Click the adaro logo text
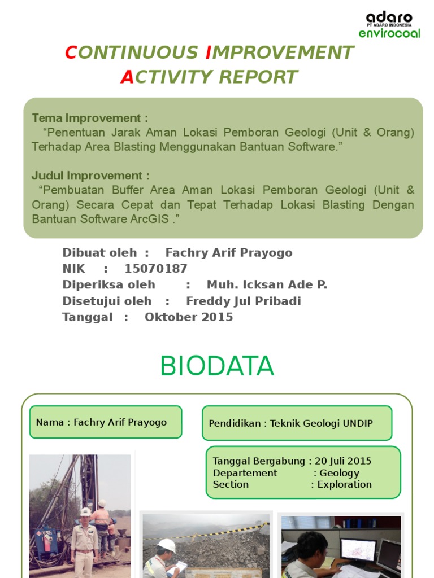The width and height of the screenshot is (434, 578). [x=389, y=17]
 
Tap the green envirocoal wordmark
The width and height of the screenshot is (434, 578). [x=389, y=33]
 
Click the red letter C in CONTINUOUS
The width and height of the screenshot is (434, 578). [x=71, y=52]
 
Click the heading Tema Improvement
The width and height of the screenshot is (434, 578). [x=90, y=118]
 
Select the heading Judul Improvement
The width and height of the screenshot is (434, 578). [x=90, y=176]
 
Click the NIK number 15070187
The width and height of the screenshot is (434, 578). [x=156, y=269]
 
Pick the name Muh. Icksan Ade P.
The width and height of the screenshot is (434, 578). [x=267, y=285]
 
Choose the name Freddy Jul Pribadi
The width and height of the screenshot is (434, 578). [x=244, y=301]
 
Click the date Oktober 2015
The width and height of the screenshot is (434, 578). [x=189, y=317]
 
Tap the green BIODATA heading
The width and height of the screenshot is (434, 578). [x=216, y=367]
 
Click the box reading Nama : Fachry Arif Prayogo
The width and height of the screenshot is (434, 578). [x=106, y=422]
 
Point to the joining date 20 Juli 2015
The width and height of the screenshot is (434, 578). [x=343, y=462]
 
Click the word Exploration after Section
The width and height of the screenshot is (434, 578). [x=344, y=484]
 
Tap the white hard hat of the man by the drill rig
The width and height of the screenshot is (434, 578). [x=85, y=511]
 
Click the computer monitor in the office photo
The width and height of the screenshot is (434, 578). [x=358, y=549]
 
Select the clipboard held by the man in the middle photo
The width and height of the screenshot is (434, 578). [x=180, y=566]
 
